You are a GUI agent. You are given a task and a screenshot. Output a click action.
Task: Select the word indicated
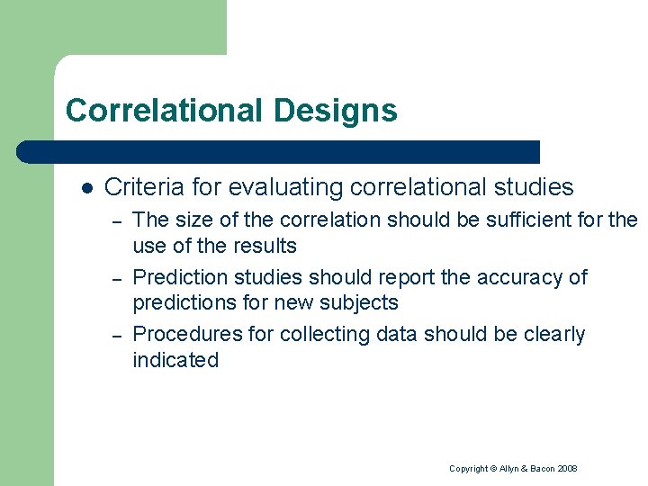tap(175, 360)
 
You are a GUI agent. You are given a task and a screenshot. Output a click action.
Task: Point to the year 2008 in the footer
tap(567, 469)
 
